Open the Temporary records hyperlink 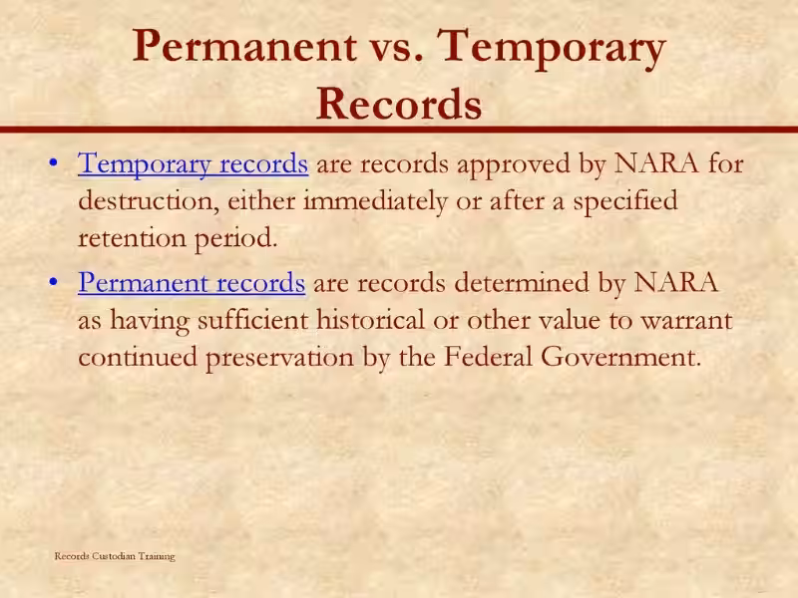(193, 163)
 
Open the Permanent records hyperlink (192, 283)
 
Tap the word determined (522, 283)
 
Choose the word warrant (685, 321)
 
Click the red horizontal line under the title (399, 129)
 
